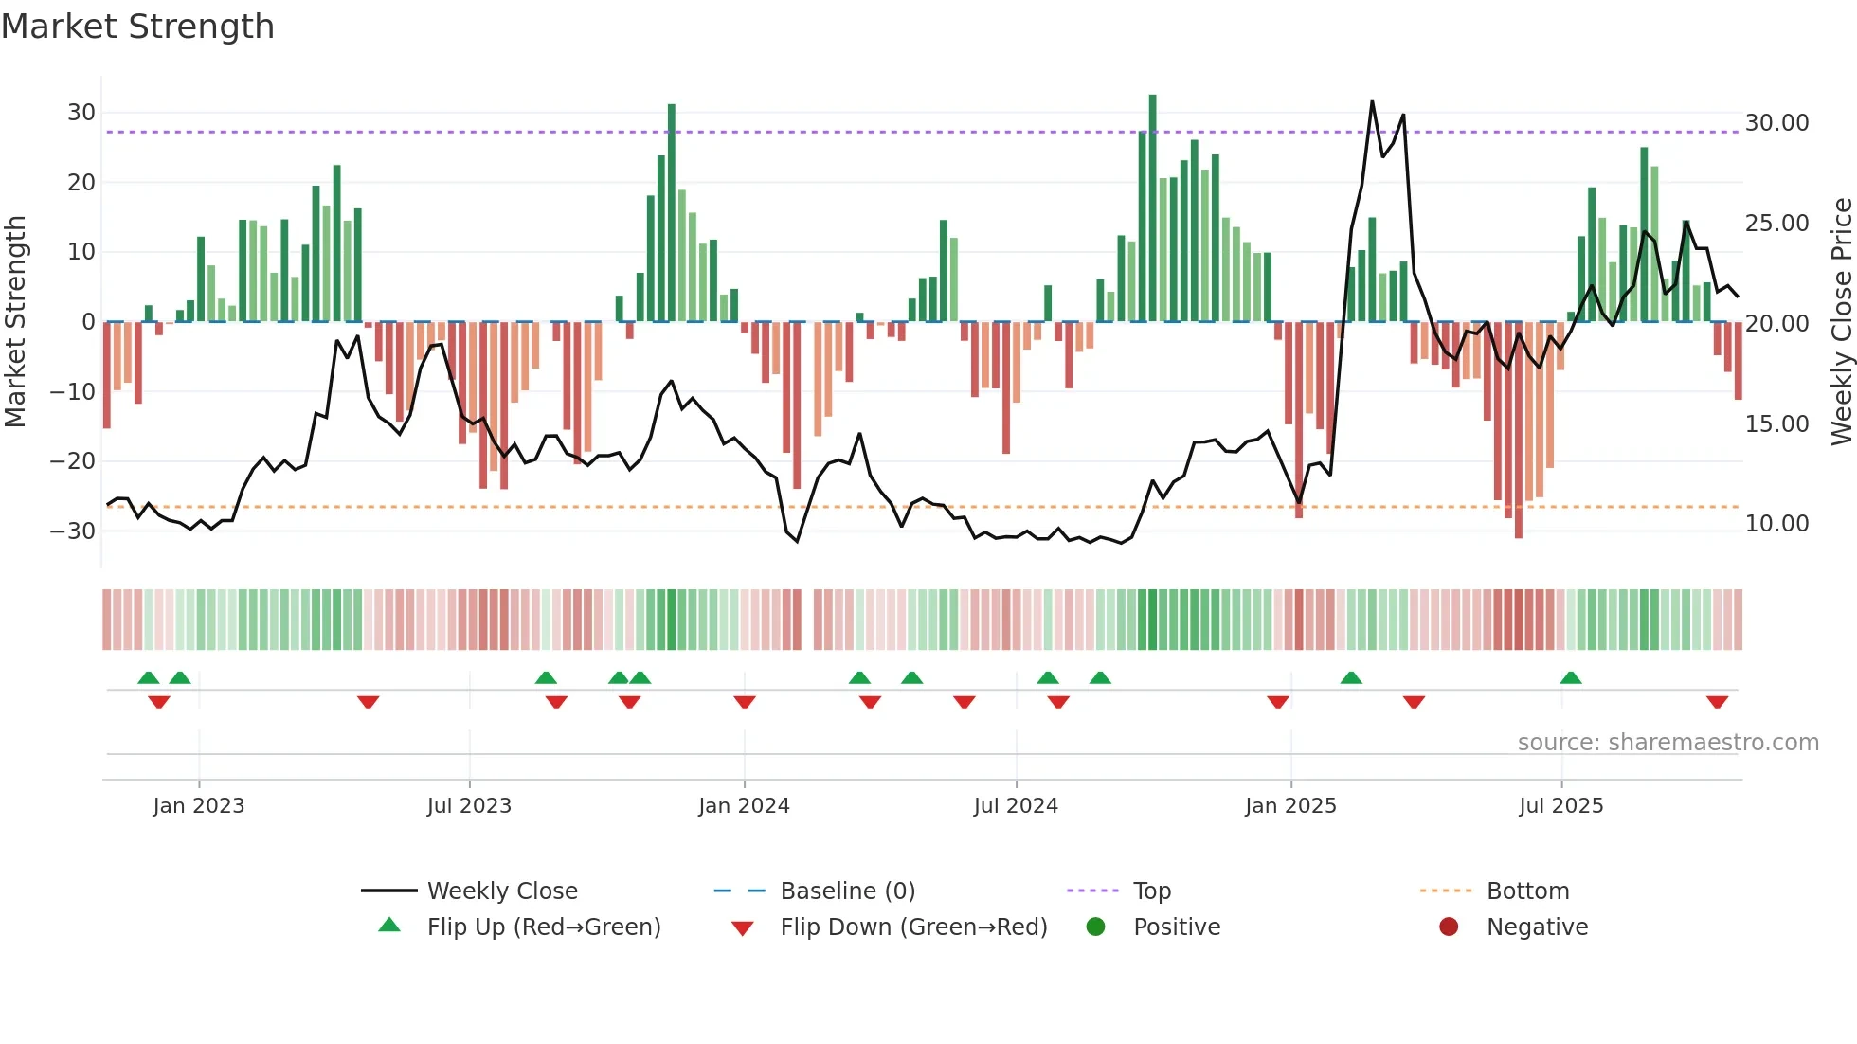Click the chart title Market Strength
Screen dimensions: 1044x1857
pyautogui.click(x=137, y=27)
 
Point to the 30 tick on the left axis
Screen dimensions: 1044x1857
pyautogui.click(x=81, y=113)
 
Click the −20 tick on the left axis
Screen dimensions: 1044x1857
pyautogui.click(x=74, y=461)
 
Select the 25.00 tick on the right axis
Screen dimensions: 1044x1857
pyautogui.click(x=1776, y=224)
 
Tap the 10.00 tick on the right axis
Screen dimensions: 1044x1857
pyautogui.click(x=1776, y=524)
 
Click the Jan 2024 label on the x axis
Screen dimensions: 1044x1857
pyautogui.click(x=744, y=806)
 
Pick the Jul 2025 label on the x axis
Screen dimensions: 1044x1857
pyautogui.click(x=1560, y=806)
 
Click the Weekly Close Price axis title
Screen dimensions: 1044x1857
pyautogui.click(x=1841, y=322)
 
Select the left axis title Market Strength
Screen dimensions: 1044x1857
pyautogui.click(x=15, y=322)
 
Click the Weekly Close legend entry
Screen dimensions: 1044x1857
pyautogui.click(x=502, y=891)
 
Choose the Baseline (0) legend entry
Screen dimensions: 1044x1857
pyautogui.click(x=847, y=891)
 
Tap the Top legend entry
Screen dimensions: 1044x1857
pyautogui.click(x=1152, y=891)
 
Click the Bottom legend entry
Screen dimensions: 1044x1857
pyautogui.click(x=1527, y=891)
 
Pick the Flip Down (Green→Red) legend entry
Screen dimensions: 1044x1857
pyautogui.click(x=913, y=927)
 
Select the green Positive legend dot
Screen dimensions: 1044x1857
pyautogui.click(x=1096, y=927)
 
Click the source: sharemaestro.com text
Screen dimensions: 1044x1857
pyautogui.click(x=1668, y=743)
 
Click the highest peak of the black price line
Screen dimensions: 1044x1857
pyautogui.click(x=1372, y=102)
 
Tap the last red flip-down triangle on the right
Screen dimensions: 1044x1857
pyautogui.click(x=1717, y=702)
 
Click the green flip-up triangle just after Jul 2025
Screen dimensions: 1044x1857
pyautogui.click(x=1571, y=677)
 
